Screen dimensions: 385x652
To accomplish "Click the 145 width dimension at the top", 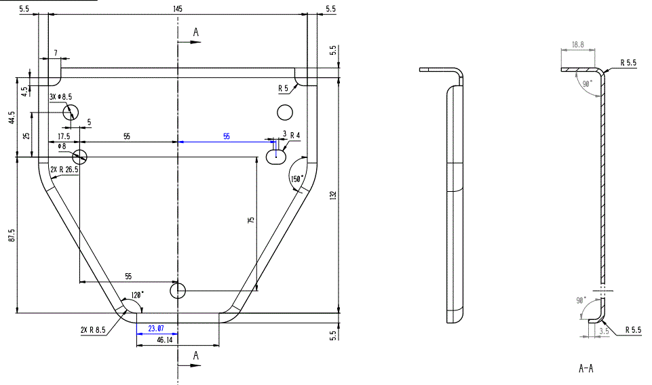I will [x=177, y=9].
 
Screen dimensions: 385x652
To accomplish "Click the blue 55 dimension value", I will [x=227, y=136].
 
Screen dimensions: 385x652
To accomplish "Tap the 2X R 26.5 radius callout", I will [x=64, y=169].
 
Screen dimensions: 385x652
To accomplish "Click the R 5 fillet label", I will [x=283, y=88].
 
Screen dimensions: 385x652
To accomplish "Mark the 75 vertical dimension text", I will [x=251, y=222].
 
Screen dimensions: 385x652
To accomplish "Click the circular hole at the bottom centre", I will [x=178, y=291].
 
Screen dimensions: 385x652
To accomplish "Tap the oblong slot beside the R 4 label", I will [x=276, y=157].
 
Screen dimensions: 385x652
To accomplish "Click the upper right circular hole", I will [x=284, y=111].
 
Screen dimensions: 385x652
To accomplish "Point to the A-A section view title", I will [x=586, y=369].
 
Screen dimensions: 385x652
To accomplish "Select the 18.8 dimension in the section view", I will [x=577, y=45].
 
